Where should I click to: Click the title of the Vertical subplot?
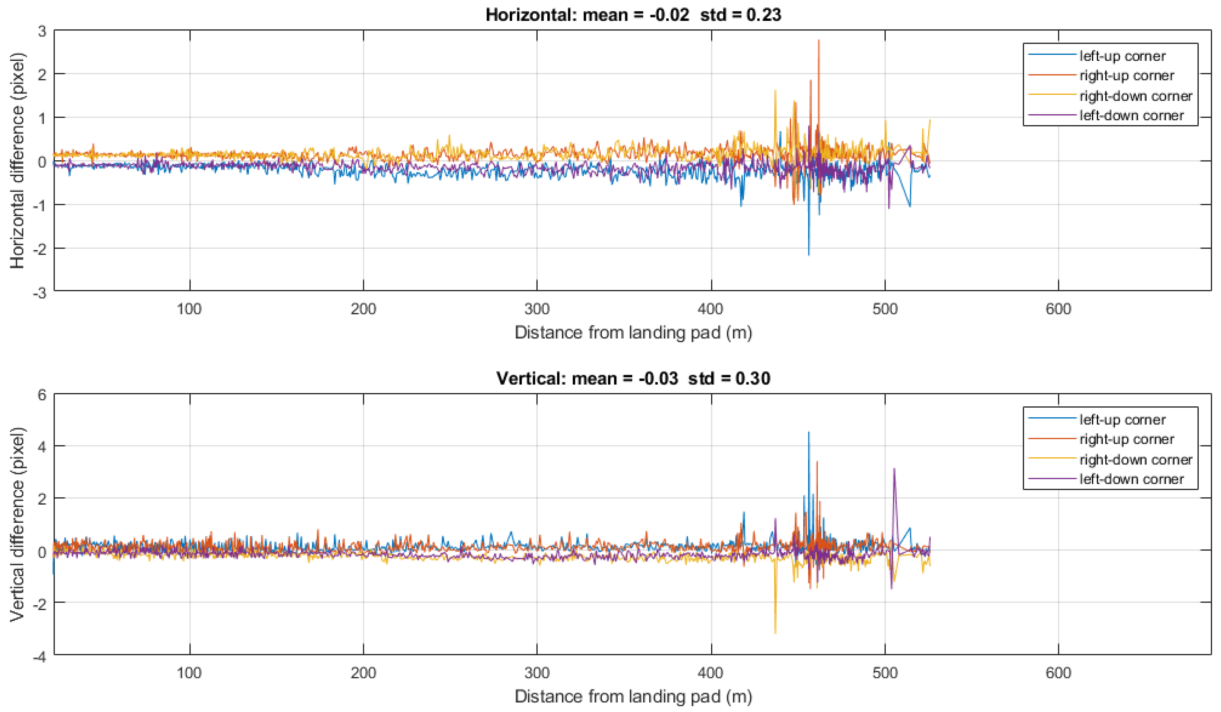click(633, 378)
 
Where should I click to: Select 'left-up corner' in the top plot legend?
click(1122, 56)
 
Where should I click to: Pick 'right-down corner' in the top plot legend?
click(1136, 96)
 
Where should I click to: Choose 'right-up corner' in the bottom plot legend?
click(1127, 439)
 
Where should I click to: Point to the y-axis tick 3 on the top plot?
click(42, 31)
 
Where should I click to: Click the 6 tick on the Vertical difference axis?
click(42, 395)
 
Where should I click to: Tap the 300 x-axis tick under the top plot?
click(537, 309)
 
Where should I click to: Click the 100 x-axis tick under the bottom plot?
click(189, 673)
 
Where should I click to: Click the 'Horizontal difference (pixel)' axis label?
click(17, 160)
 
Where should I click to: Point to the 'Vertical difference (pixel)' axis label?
click(17, 524)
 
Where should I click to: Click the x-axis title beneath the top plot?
click(633, 333)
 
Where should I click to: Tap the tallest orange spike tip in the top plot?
click(818, 40)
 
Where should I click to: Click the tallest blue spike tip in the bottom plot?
click(808, 432)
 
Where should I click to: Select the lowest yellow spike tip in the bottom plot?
click(775, 633)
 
